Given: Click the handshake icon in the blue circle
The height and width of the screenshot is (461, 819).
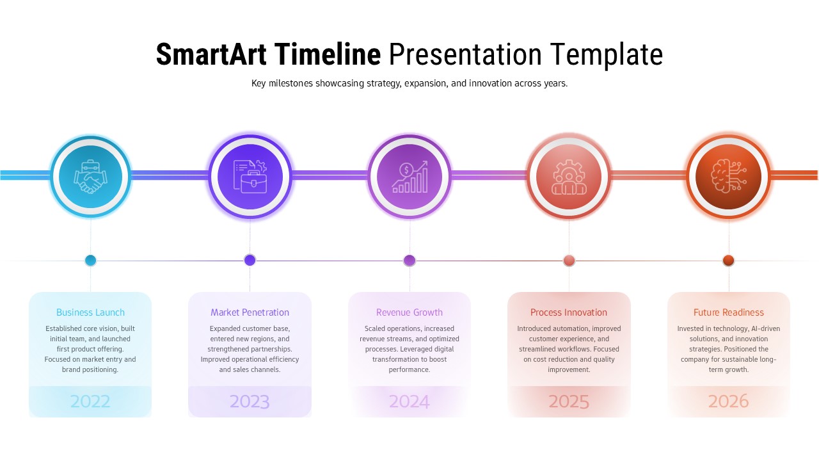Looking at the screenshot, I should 90,176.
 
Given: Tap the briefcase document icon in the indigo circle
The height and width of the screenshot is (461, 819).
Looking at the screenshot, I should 250,176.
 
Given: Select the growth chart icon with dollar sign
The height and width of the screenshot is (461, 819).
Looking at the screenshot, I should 409,176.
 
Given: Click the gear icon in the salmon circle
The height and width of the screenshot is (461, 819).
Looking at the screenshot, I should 569,176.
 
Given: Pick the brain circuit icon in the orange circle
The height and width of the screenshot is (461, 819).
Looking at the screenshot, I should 728,176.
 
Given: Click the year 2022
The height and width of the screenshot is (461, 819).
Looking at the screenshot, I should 90,401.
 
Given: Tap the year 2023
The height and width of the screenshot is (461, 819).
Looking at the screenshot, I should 250,401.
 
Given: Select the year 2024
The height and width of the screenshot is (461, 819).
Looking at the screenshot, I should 409,401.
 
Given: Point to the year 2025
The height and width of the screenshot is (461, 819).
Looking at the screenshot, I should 569,401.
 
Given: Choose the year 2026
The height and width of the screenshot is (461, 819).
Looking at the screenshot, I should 728,401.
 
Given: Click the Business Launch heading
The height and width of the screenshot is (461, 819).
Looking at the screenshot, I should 90,312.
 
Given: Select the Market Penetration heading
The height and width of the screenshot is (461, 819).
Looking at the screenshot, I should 250,312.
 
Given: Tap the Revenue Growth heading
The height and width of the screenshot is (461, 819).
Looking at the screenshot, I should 409,312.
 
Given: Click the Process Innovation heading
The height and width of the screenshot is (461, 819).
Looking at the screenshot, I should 569,312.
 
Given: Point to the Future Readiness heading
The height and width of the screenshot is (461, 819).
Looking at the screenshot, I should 728,312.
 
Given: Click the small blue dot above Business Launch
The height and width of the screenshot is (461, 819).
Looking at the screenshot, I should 90,260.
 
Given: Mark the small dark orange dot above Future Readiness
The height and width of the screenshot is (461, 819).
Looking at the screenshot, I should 728,260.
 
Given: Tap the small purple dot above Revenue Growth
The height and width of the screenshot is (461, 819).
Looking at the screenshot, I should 409,260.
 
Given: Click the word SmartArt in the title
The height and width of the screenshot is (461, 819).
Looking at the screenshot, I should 212,54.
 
